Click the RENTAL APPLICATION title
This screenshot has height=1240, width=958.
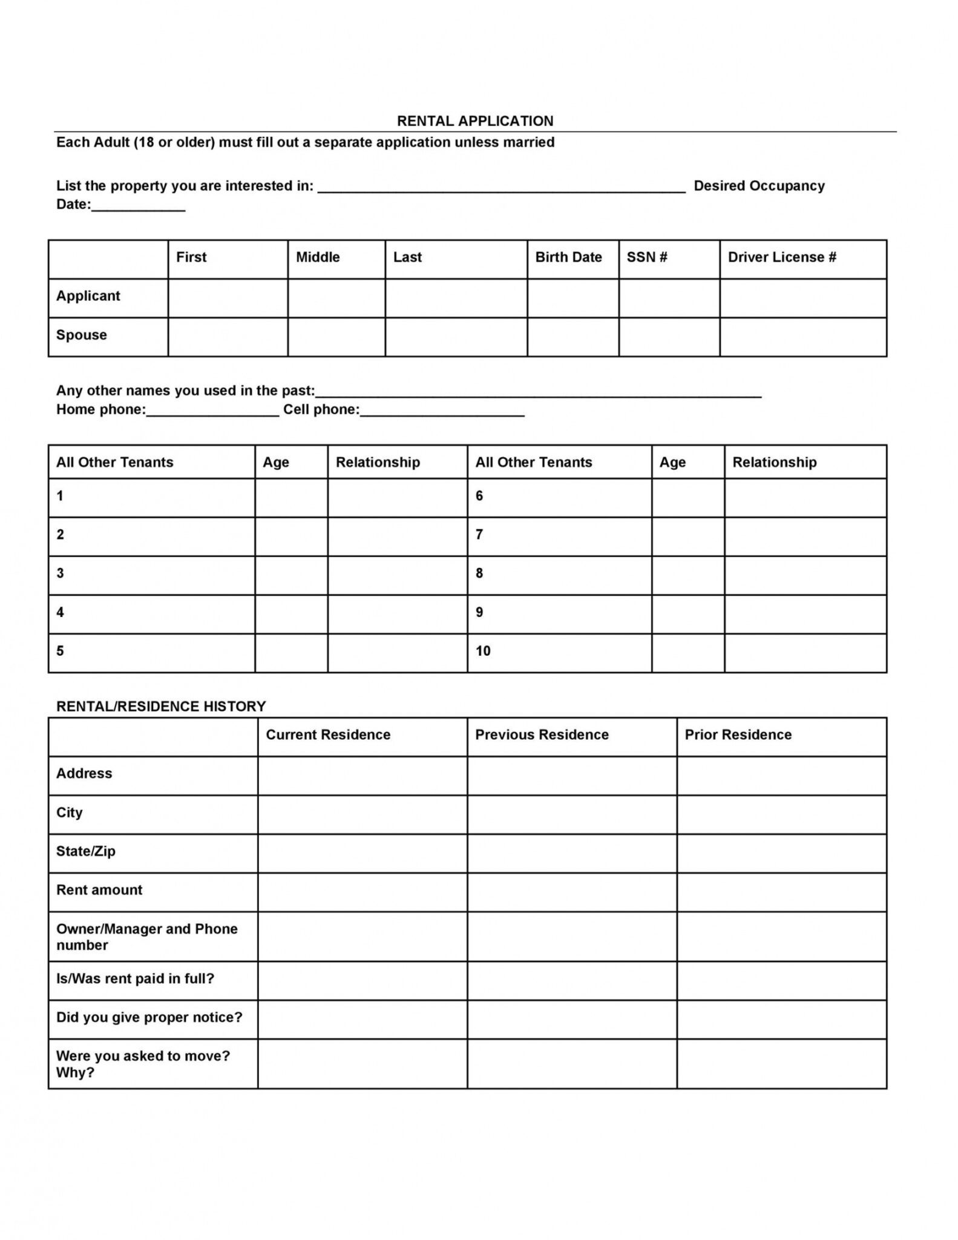475,121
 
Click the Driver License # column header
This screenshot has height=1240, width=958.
781,257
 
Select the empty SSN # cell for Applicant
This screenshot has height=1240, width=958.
669,298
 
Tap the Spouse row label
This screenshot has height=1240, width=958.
82,335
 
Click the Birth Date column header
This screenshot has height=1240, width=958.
568,257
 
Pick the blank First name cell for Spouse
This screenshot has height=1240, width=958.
228,337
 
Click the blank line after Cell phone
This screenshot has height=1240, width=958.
442,411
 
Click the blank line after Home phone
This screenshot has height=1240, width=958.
212,411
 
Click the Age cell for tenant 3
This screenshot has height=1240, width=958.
291,575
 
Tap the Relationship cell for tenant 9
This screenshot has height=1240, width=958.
805,614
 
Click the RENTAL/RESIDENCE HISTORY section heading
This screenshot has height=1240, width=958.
161,707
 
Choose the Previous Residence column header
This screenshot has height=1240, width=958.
542,735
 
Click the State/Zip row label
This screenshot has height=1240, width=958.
86,851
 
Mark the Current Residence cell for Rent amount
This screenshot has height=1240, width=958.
362,892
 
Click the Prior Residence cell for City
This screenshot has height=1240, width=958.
781,814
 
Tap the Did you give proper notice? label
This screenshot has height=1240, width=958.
149,1017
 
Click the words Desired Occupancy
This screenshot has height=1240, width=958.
759,186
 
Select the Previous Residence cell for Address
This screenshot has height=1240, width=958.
571,776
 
